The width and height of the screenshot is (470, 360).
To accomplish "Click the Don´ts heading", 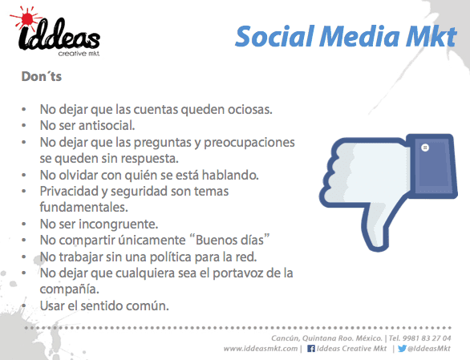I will click(41, 79).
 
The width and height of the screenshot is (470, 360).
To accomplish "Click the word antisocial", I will click(99, 126).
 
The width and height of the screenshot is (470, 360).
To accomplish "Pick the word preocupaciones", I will click(248, 142).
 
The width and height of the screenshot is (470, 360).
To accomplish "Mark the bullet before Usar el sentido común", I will click(24, 306).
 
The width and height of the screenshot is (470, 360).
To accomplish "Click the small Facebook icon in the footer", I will click(311, 349).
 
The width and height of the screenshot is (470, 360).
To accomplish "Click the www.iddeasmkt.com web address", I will click(260, 349).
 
